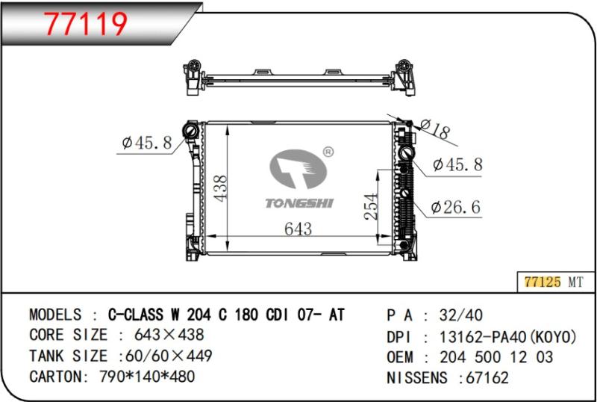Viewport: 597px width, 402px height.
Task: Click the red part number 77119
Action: tap(85, 24)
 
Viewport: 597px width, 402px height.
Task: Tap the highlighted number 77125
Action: tap(543, 282)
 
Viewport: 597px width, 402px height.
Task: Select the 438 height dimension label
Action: tap(220, 188)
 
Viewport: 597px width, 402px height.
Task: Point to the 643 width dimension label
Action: tap(298, 229)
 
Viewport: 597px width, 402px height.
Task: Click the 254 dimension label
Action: tap(371, 207)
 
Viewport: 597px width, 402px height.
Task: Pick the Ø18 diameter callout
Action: tap(435, 129)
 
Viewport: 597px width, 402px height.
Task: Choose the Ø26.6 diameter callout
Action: tap(456, 208)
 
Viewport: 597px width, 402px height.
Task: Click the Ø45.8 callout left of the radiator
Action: tap(147, 143)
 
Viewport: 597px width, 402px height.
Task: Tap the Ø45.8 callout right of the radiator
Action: tap(457, 165)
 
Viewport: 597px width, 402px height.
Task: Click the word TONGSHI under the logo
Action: tap(299, 203)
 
